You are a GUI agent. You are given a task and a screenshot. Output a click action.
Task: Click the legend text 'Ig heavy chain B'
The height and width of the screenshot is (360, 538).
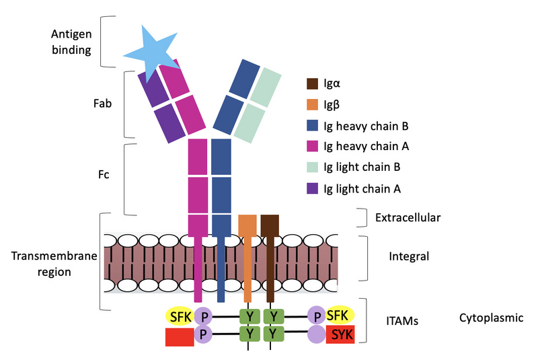coord(367,126)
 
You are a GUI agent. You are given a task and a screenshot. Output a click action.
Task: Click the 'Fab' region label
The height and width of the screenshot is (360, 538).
coord(102,105)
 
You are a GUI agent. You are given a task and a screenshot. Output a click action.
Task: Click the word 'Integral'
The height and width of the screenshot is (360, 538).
coord(409,256)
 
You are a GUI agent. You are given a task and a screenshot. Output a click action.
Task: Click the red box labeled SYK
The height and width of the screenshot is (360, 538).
coord(340,334)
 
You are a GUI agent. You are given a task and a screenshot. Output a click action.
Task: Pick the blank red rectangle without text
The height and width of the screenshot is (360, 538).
coord(179,336)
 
